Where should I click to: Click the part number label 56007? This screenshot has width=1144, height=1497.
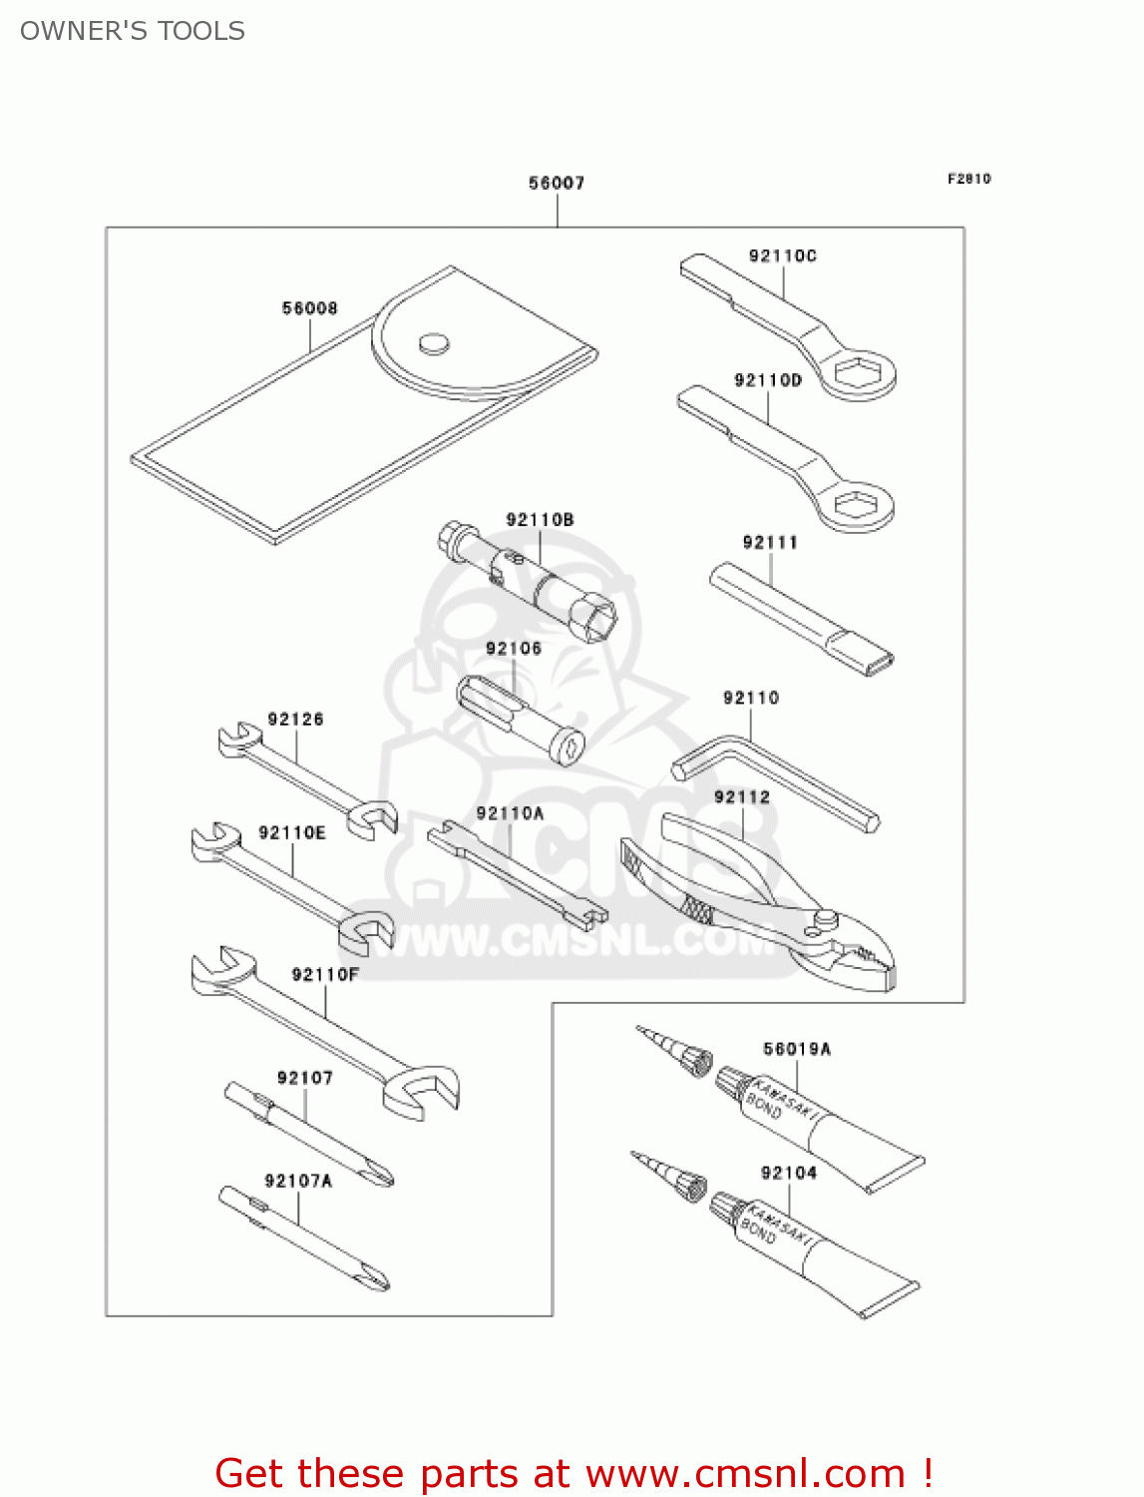[557, 183]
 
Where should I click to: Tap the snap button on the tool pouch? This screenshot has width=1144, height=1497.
[434, 343]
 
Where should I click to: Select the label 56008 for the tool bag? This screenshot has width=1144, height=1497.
[309, 308]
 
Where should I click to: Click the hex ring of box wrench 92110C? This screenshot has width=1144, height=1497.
[857, 374]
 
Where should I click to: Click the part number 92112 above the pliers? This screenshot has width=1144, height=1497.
[742, 796]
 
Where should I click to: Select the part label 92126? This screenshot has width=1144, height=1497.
[295, 720]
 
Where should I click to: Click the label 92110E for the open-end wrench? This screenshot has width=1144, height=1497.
[292, 832]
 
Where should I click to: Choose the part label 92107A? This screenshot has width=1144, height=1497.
[298, 1181]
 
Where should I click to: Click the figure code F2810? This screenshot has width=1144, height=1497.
[968, 179]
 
